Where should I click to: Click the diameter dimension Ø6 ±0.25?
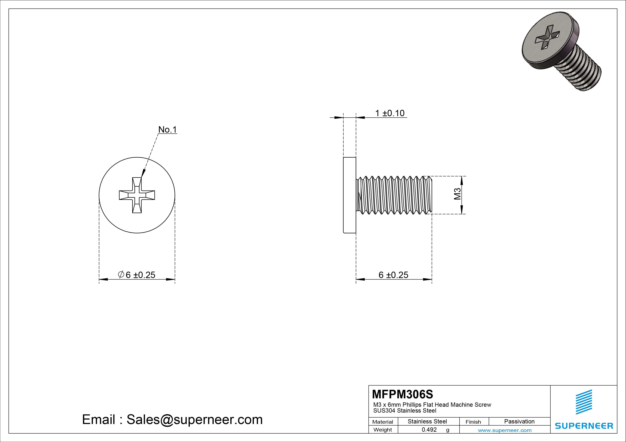coord(137,275)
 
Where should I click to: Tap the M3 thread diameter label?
coord(457,194)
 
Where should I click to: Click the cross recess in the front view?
coord(137,195)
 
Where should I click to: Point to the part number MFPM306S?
coord(402,394)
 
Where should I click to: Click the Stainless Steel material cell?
coord(427,421)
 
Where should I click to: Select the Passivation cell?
coord(519,421)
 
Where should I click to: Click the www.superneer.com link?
coord(505,430)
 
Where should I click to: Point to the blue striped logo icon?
coord(584,402)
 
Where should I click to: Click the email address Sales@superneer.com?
coord(194,419)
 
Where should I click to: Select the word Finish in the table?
coord(473,422)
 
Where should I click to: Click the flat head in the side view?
coord(350,195)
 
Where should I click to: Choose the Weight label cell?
coord(383,430)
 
